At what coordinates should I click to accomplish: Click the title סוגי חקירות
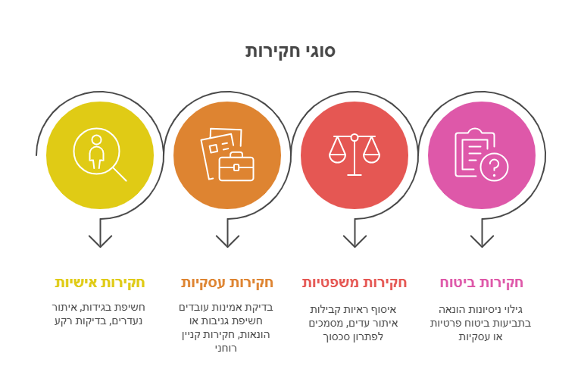pyautogui.click(x=290, y=51)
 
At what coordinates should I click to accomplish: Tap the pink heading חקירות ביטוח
pyautogui.click(x=481, y=283)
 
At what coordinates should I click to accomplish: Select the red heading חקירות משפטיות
pyautogui.click(x=355, y=283)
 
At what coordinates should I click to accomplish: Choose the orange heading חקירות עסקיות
pyautogui.click(x=227, y=283)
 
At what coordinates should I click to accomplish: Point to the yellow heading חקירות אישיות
pyautogui.click(x=100, y=283)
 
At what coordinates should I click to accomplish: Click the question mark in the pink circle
pyautogui.click(x=495, y=167)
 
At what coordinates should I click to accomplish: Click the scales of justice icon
pyautogui.click(x=355, y=155)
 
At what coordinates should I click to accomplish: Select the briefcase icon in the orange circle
pyautogui.click(x=236, y=167)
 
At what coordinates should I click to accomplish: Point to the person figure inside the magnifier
pyautogui.click(x=96, y=152)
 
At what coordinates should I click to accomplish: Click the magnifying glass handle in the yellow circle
pyautogui.click(x=120, y=174)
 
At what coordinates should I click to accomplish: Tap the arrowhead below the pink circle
pyautogui.click(x=482, y=241)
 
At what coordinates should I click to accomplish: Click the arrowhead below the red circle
pyautogui.click(x=355, y=241)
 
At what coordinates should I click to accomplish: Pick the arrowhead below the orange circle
pyautogui.click(x=227, y=241)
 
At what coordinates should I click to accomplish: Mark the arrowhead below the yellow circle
pyautogui.click(x=100, y=241)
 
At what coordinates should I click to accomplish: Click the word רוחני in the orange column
pyautogui.click(x=226, y=348)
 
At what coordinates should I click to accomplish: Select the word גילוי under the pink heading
pyautogui.click(x=513, y=309)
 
